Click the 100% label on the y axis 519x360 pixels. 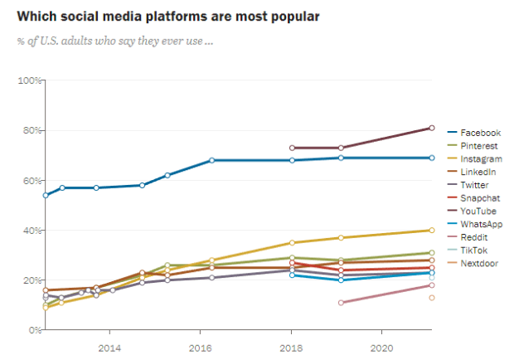[x=31, y=80]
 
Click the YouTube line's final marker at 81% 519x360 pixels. [x=432, y=128]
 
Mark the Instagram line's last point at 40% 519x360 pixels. [x=432, y=231]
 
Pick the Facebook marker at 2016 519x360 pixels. [x=212, y=160]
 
